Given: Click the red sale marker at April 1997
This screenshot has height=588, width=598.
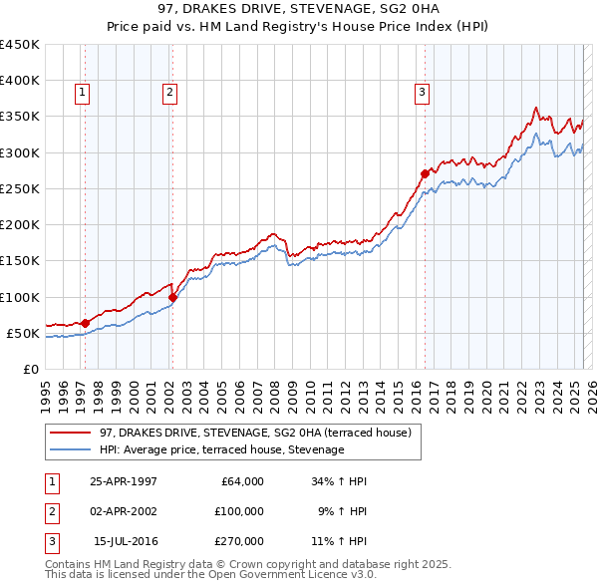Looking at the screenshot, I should [85, 323].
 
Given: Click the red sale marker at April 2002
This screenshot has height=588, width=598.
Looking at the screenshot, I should [171, 297].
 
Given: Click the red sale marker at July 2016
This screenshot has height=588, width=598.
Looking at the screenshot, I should [425, 173].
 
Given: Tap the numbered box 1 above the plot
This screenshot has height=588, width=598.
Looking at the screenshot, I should [81, 93].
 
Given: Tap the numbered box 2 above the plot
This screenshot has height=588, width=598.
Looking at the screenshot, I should [170, 93].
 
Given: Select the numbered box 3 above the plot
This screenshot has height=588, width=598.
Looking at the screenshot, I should [422, 93].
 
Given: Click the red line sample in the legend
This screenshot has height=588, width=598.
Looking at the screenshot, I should [71, 433].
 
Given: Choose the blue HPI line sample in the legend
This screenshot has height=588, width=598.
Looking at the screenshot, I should [71, 450].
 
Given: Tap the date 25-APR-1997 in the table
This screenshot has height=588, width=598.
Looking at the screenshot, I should [124, 481].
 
